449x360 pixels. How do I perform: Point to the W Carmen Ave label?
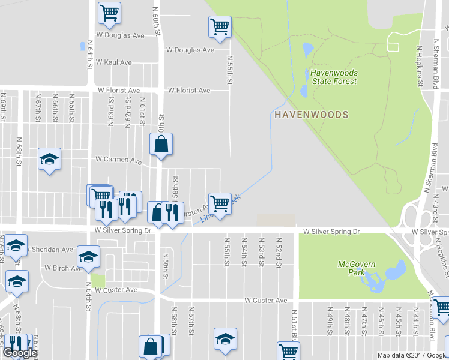point(119,161)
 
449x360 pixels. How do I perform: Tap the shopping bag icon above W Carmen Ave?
point(161,144)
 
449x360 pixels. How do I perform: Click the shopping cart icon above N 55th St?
point(220,26)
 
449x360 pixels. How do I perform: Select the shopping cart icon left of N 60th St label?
point(109,13)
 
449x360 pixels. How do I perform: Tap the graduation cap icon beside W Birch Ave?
point(88,257)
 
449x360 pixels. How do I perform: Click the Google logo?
point(19,353)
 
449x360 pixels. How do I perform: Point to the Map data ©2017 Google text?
point(412,355)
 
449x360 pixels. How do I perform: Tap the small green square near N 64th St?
point(98,281)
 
